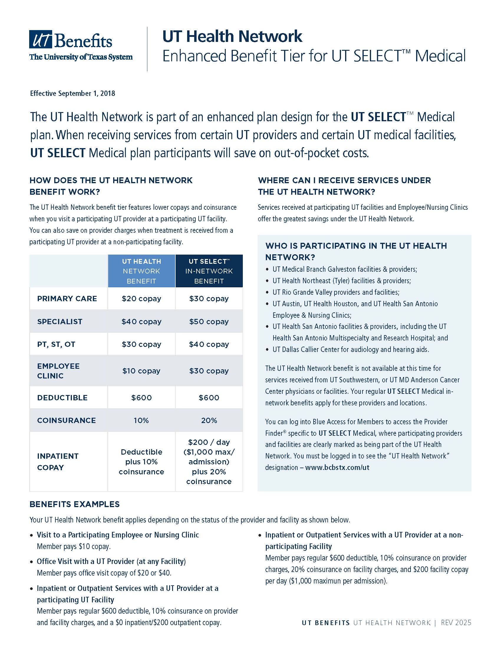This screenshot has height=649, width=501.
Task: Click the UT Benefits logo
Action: pyautogui.click(x=81, y=45)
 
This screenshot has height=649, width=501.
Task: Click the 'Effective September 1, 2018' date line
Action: pyautogui.click(x=72, y=93)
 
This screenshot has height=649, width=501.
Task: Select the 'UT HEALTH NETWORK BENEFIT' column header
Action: pyautogui.click(x=141, y=271)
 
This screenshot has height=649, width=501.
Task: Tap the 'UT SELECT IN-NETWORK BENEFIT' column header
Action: pyautogui.click(x=209, y=271)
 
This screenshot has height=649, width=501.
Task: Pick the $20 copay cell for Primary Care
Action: pyautogui.click(x=141, y=299)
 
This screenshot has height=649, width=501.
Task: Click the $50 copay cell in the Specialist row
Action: pyautogui.click(x=209, y=322)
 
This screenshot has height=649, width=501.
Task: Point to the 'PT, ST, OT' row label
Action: pyautogui.click(x=56, y=344)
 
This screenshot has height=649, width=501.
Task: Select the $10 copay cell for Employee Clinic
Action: pyautogui.click(x=141, y=371)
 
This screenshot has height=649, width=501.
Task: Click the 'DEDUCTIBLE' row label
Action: pyautogui.click(x=62, y=398)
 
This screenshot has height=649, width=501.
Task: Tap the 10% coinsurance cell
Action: pyautogui.click(x=141, y=420)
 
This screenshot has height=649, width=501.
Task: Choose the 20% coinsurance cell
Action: pyautogui.click(x=209, y=420)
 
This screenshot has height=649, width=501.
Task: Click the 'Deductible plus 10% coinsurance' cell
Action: pyautogui.click(x=141, y=462)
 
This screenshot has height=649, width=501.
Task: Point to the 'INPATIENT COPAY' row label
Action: pyautogui.click(x=57, y=462)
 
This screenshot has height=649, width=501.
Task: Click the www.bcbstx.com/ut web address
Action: pyautogui.click(x=337, y=468)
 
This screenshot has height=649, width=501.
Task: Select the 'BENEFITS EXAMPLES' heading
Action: pyautogui.click(x=75, y=504)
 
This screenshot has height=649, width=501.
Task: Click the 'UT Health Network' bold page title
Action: pyautogui.click(x=232, y=36)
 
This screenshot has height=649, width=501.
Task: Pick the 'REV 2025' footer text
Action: pyautogui.click(x=456, y=623)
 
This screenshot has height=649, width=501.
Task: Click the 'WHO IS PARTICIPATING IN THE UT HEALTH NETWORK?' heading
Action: pyautogui.click(x=356, y=251)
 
